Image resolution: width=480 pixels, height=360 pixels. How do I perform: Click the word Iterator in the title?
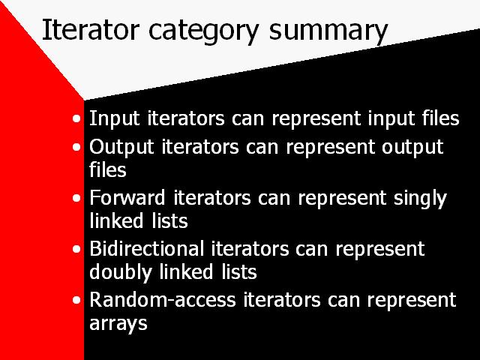pyautogui.click(x=91, y=30)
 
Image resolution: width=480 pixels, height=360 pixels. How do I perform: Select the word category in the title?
pyautogui.click(x=204, y=31)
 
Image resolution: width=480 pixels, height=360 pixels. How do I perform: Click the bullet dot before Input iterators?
pyautogui.click(x=76, y=118)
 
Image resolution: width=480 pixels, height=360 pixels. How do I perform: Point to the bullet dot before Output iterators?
pyautogui.click(x=76, y=147)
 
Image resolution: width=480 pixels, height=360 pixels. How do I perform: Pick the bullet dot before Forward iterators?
pyautogui.click(x=76, y=198)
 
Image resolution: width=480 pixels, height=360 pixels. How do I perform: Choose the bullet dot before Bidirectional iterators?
pyautogui.click(x=76, y=249)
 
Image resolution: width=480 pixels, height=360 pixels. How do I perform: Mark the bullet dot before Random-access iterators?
pyautogui.click(x=76, y=300)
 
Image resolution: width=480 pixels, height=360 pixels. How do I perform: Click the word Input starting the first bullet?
pyautogui.click(x=115, y=119)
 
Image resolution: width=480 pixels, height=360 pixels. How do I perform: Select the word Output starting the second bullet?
pyautogui.click(x=121, y=148)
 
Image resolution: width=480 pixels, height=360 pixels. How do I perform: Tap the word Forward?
pyautogui.click(x=127, y=198)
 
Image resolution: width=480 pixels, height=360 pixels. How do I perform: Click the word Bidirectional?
pyautogui.click(x=147, y=248)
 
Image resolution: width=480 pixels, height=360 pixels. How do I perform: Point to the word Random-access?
pyautogui.click(x=163, y=300)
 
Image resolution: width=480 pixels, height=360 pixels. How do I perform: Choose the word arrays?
pyautogui.click(x=118, y=324)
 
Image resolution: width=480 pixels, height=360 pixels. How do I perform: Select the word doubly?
pyautogui.click(x=121, y=273)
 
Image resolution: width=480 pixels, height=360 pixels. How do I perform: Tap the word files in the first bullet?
pyautogui.click(x=441, y=118)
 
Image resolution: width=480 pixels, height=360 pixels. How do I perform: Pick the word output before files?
pyautogui.click(x=412, y=148)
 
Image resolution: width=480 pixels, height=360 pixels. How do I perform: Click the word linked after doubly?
pyautogui.click(x=186, y=271)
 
